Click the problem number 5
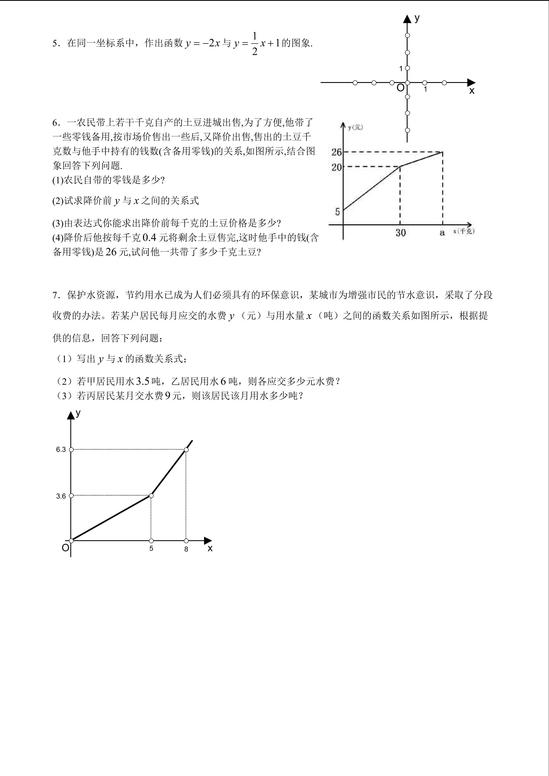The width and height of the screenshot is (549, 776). tap(55, 44)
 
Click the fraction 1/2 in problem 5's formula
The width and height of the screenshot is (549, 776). tap(255, 44)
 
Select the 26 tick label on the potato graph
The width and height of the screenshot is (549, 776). tap(337, 152)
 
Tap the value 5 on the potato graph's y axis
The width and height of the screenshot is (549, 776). tap(337, 212)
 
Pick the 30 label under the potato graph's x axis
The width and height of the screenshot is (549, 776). tap(401, 233)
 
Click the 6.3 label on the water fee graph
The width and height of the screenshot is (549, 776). tap(61, 449)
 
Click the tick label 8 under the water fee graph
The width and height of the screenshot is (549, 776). tap(186, 549)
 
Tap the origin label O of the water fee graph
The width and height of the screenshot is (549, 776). tap(65, 548)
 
